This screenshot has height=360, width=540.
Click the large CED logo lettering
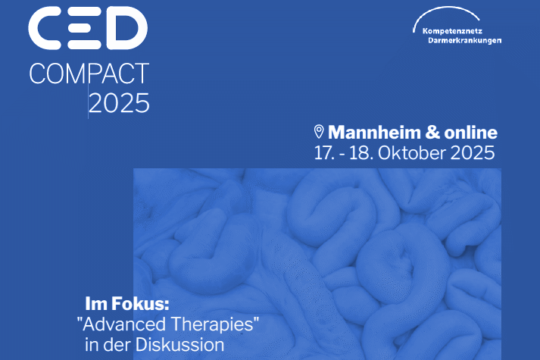tap(88, 28)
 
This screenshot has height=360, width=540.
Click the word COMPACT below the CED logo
tap(89, 74)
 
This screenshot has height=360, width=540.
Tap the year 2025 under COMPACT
tap(119, 103)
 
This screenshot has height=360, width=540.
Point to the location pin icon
tap(319, 132)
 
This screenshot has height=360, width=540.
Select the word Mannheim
tap(374, 133)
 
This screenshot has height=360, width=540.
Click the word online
tap(471, 133)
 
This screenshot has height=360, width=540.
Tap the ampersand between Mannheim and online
tap(432, 133)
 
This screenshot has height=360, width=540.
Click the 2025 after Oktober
tap(472, 153)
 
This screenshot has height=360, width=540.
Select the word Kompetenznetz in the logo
tap(452, 31)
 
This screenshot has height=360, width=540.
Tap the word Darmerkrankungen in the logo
tap(464, 40)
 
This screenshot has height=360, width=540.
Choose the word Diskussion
tap(179, 345)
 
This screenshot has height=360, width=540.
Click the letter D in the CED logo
tap(126, 28)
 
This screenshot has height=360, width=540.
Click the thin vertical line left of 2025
tap(88, 102)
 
